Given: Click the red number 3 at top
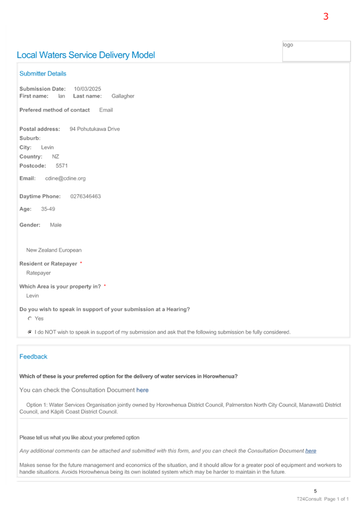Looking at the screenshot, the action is (x=326, y=16).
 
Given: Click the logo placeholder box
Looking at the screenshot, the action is (x=316, y=51).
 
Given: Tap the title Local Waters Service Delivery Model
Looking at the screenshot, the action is (x=86, y=55).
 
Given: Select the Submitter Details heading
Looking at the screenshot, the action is (x=42, y=73).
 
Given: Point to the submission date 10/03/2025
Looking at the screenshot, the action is (x=87, y=89).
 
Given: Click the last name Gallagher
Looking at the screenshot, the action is (x=123, y=96).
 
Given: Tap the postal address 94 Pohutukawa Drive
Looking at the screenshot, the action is (x=95, y=129).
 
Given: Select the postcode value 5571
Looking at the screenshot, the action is (x=62, y=165).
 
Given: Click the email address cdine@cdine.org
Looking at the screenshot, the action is (x=65, y=178).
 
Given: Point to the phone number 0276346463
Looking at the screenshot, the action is (x=85, y=196).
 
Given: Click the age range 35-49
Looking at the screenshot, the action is (x=48, y=209).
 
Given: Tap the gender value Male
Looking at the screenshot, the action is (x=55, y=225).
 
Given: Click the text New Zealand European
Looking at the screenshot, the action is (x=54, y=250).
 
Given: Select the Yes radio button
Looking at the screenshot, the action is (x=30, y=319).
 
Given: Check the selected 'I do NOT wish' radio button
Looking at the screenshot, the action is (x=30, y=332).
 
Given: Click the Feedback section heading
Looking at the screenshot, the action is (x=33, y=356).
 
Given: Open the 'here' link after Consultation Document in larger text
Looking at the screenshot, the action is (x=142, y=390).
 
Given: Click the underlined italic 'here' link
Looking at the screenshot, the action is (x=310, y=451).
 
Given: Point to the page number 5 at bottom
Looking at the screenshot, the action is (x=315, y=491).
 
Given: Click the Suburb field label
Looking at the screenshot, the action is (x=30, y=138).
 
